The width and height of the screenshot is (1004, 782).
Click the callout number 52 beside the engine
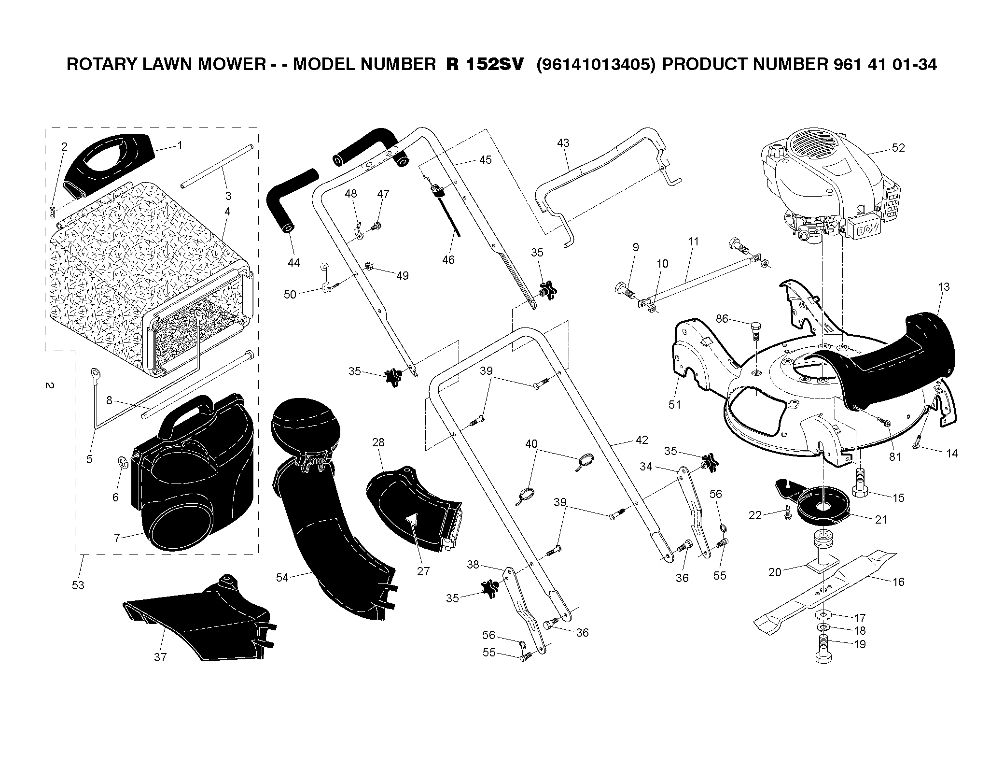point(898,148)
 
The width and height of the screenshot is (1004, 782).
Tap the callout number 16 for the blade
point(898,582)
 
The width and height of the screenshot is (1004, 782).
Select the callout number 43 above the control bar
point(563,143)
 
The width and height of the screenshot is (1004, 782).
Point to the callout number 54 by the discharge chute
point(282,577)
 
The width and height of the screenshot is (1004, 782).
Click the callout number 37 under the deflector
point(160,657)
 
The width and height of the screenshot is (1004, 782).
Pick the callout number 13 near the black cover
point(944,287)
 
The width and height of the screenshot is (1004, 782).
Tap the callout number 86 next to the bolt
point(722,319)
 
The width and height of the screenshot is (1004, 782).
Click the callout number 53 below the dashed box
point(78,585)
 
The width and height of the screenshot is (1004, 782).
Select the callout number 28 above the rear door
point(378,442)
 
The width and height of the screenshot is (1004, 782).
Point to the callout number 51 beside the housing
point(674,405)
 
